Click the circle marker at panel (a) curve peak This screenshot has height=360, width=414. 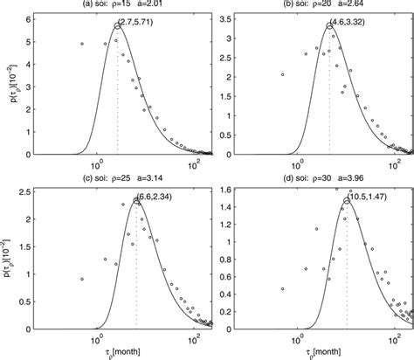click(118, 25)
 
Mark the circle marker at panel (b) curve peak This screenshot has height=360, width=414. click(329, 26)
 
